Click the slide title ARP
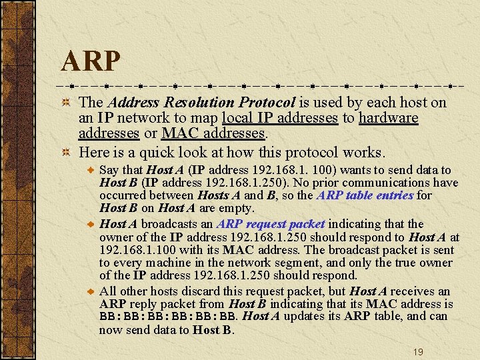(x=91, y=61)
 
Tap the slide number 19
(x=418, y=351)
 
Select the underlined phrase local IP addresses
(x=280, y=118)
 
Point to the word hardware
(x=388, y=118)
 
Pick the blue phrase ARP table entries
(x=365, y=195)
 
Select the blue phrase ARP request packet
(x=271, y=224)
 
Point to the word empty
(x=237, y=208)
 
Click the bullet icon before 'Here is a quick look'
(x=66, y=152)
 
